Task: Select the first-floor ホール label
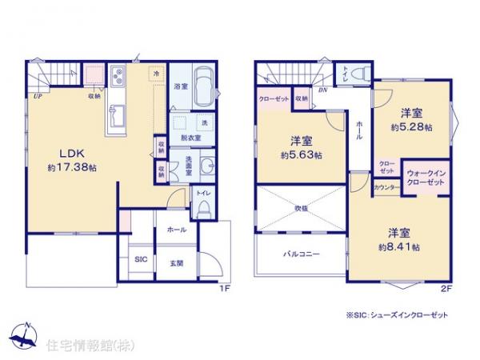(x=178, y=230)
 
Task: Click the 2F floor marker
(x=445, y=289)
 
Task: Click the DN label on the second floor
(x=322, y=91)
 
